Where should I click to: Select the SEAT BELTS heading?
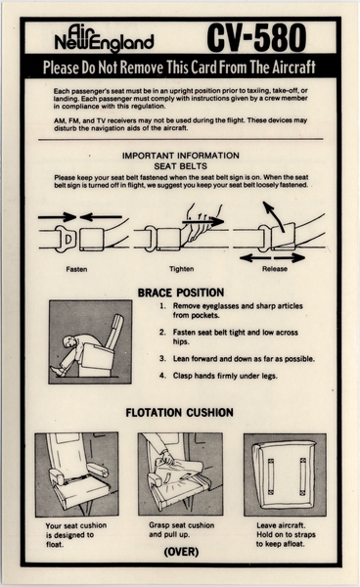(180, 164)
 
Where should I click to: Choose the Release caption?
(275, 268)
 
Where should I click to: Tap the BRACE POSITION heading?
(180, 292)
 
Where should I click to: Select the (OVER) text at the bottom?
(180, 551)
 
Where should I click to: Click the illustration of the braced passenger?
(90, 341)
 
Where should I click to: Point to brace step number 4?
(162, 375)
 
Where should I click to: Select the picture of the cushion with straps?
(284, 474)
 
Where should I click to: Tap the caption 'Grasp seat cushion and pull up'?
(180, 529)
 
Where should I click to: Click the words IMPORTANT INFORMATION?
(180, 155)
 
